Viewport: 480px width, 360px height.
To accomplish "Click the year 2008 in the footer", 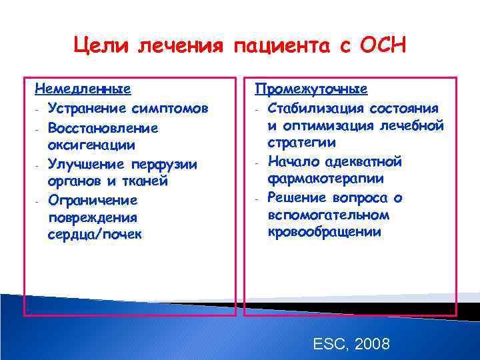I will (373, 344).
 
